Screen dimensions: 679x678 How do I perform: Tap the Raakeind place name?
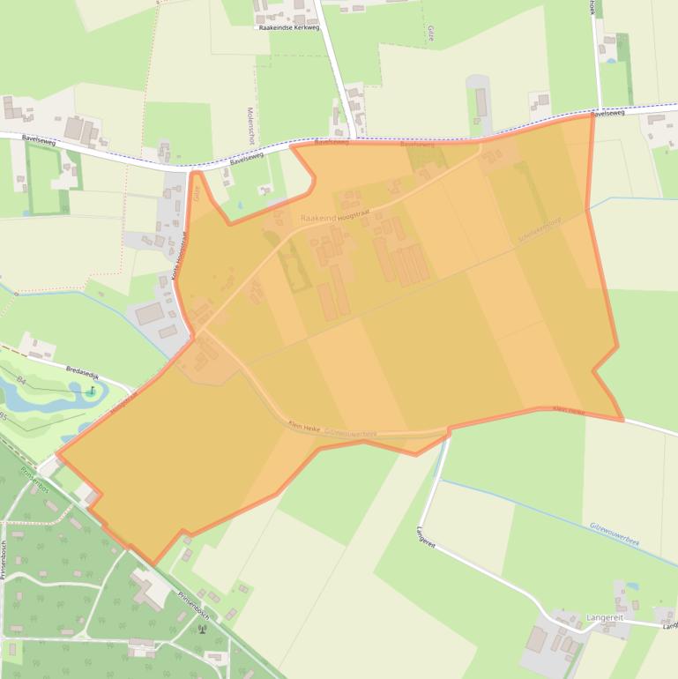(318, 217)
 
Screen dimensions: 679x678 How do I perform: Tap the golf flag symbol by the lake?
(92, 390)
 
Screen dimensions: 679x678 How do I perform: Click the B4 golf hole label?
(20, 381)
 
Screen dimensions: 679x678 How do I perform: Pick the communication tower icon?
(202, 629)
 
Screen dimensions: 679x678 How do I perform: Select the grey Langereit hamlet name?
(604, 617)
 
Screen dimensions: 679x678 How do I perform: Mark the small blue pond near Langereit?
(631, 585)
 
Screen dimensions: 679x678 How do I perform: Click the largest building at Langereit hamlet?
(536, 638)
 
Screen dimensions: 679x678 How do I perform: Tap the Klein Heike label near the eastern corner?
(570, 410)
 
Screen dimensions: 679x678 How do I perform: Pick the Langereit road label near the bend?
(426, 538)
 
